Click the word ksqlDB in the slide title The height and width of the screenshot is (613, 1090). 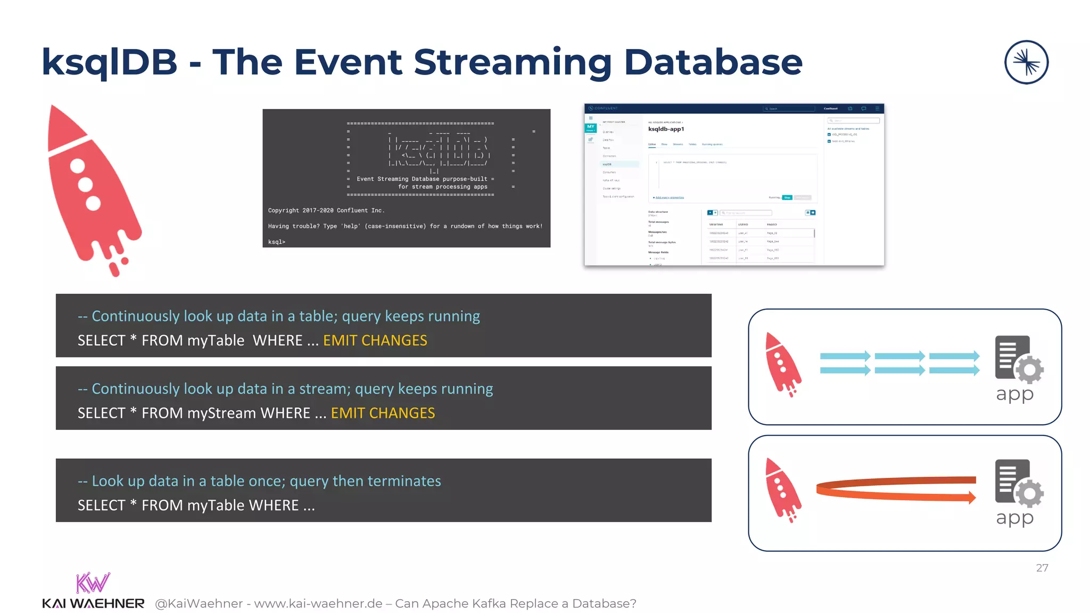point(109,63)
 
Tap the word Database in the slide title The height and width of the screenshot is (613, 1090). point(713,63)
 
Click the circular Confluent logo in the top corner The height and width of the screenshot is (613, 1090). point(1026,62)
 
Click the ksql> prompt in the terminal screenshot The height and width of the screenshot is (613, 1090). point(277,242)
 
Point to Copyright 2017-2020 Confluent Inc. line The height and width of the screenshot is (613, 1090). point(326,211)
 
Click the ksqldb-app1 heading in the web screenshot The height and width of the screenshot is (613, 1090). point(666,129)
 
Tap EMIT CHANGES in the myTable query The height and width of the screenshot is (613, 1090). point(375,341)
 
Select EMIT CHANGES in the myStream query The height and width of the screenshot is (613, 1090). point(383,413)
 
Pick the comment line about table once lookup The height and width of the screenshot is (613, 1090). point(259,481)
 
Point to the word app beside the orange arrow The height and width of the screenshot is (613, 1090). point(1014,518)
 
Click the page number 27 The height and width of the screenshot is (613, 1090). point(1042,568)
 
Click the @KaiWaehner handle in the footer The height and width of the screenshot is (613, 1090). point(199,603)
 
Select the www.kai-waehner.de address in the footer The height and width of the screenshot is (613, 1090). point(318,603)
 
